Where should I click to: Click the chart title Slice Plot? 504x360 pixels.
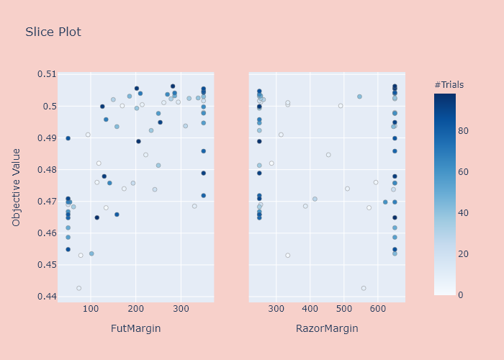(53, 32)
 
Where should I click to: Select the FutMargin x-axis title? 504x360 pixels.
(135, 328)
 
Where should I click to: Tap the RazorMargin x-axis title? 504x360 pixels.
(327, 328)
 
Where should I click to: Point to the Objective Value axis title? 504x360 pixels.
(17, 187)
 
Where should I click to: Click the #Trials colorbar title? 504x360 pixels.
(449, 85)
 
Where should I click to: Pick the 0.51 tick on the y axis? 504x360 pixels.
(46, 74)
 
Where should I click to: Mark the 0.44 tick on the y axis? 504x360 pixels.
(46, 297)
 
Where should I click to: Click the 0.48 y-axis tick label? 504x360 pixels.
(46, 170)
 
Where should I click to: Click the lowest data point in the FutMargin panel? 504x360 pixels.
(78, 288)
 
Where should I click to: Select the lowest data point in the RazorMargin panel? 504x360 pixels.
(364, 288)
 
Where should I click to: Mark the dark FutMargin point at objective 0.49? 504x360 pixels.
(68, 138)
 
